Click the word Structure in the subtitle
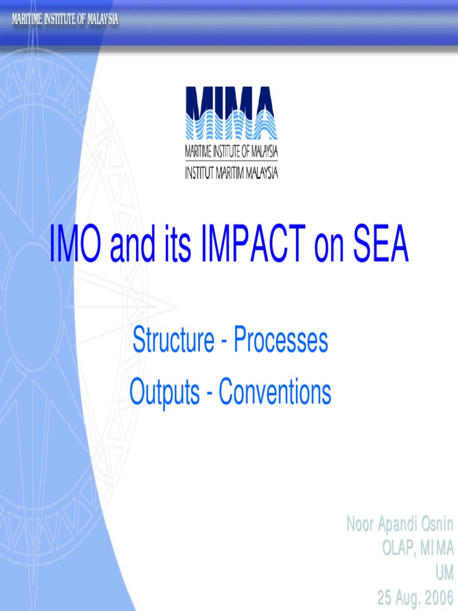pos(173,341)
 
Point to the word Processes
pos(280,341)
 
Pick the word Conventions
pos(275,393)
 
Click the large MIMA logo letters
pos(231,100)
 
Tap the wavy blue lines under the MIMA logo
pos(231,128)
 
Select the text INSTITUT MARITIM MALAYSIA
pos(231,173)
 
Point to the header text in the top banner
pos(65,20)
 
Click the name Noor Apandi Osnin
pos(400,525)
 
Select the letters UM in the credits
pos(444,573)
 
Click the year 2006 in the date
pos(437,597)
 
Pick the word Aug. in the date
pos(406,597)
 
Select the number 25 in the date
pos(385,597)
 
